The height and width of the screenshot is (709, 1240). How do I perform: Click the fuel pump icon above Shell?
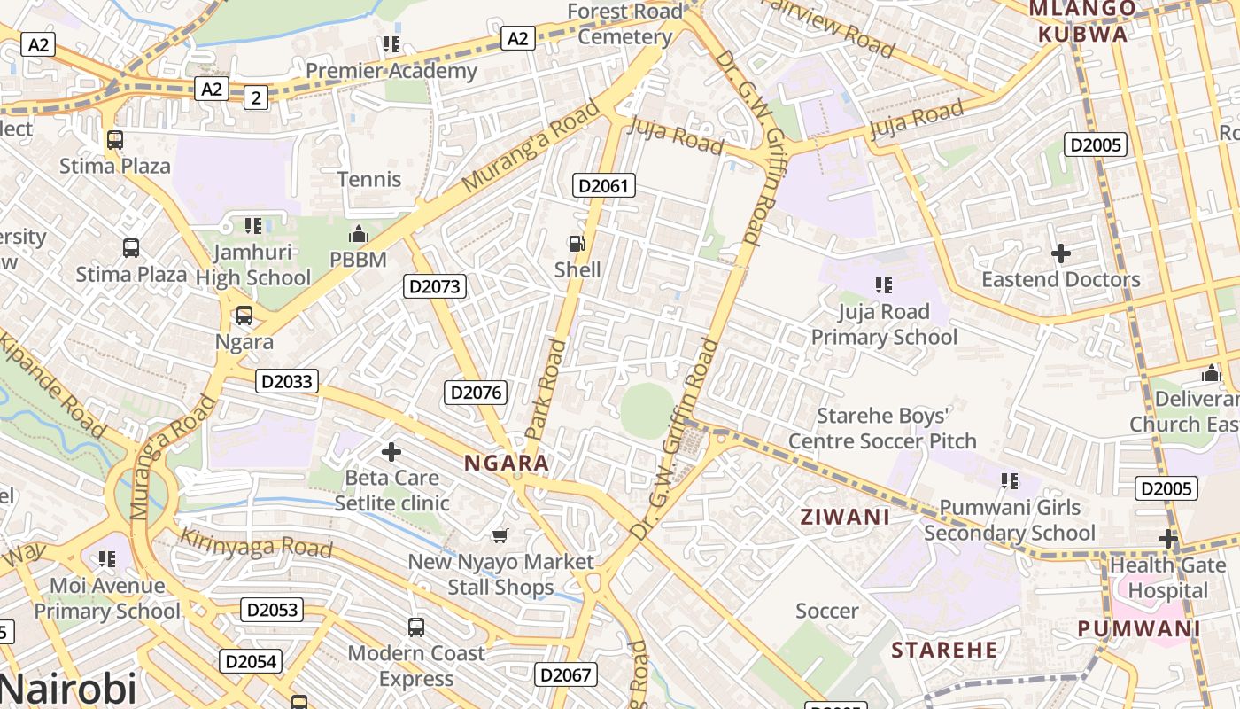tap(577, 243)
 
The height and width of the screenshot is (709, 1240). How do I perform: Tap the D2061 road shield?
tap(604, 185)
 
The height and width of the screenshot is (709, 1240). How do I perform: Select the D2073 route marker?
tap(434, 286)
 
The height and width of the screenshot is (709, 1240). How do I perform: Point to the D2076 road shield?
tap(476, 393)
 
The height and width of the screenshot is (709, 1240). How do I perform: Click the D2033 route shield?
tap(287, 382)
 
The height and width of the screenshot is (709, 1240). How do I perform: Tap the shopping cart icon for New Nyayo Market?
tap(500, 535)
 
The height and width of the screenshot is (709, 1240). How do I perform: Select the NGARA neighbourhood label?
tap(507, 463)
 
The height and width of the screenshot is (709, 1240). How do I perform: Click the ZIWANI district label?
tap(845, 517)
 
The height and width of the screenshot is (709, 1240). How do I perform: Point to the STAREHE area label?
tap(945, 650)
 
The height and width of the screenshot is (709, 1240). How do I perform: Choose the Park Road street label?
tap(545, 387)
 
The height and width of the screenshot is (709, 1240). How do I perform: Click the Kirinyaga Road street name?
tap(256, 543)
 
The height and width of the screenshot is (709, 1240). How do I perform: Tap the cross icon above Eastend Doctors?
tap(1060, 253)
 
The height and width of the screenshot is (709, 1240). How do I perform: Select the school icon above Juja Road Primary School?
tap(883, 285)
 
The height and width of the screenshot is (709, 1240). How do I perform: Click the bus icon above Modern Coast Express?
tap(416, 627)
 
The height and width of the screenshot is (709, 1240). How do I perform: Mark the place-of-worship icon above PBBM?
tap(358, 234)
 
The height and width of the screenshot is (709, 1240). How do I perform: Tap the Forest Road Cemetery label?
tap(625, 24)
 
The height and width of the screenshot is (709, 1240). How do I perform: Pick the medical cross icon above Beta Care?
tap(391, 452)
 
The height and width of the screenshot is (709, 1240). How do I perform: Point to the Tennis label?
tap(369, 179)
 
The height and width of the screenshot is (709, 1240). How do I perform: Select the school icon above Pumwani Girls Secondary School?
tap(1009, 481)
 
